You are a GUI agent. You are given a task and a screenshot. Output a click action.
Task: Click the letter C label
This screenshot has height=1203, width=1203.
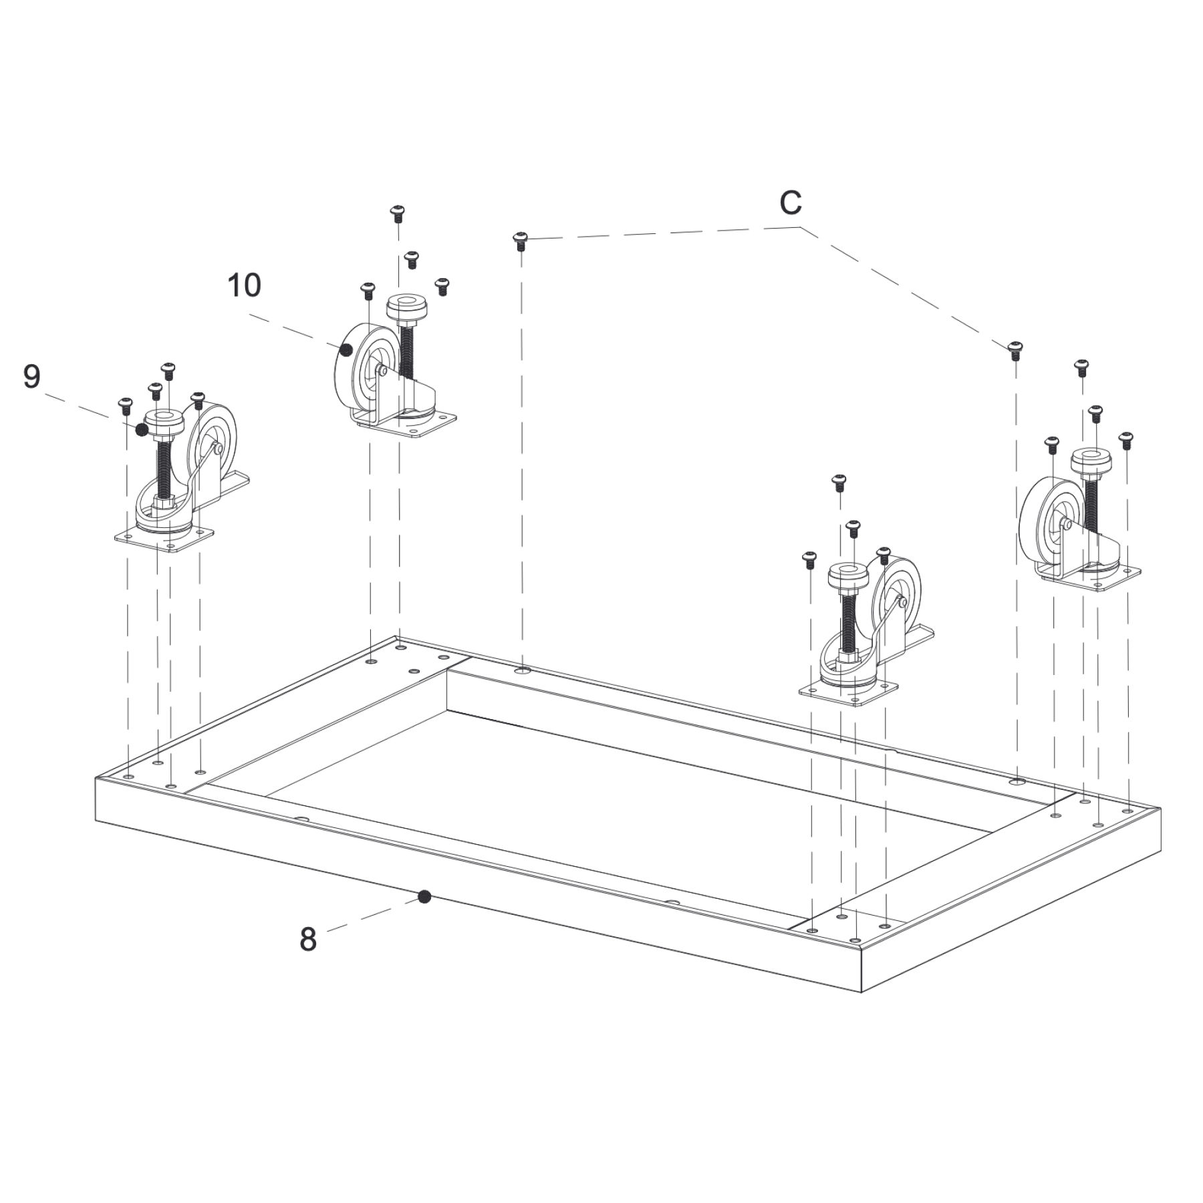point(790,203)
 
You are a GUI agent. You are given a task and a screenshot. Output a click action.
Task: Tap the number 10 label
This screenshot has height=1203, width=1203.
point(244,285)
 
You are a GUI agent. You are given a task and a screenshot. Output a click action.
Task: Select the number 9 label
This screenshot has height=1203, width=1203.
point(31,377)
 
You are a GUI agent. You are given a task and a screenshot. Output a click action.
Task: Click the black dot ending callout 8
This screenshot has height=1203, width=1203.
point(424,897)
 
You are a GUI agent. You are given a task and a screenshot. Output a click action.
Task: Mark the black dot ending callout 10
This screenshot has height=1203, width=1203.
point(346,349)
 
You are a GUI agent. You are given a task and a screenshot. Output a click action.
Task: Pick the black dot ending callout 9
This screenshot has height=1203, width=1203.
point(142,430)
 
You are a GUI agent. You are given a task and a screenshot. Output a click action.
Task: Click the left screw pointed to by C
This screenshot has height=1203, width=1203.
point(521,239)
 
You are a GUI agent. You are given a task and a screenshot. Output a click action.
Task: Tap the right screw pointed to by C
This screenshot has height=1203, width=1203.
point(1015,348)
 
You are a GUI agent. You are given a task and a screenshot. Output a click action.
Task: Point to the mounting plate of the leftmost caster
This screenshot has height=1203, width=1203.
point(164,539)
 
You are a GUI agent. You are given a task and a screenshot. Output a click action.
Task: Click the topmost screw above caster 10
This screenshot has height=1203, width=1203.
point(398,213)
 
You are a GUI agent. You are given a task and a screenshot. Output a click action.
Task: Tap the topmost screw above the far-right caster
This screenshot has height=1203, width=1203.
point(1081,366)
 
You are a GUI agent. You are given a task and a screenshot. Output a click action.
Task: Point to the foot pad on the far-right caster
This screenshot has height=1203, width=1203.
point(1091,460)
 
